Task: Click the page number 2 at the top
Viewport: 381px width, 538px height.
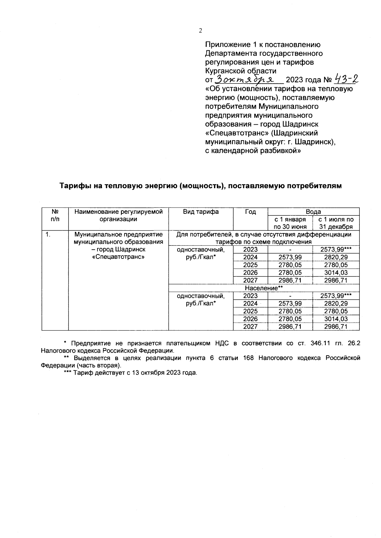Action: (x=200, y=31)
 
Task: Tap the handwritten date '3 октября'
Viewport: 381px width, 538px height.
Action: (x=249, y=79)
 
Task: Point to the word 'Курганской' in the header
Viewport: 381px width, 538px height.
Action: (x=226, y=71)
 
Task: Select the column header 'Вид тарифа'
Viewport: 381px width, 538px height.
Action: (x=201, y=212)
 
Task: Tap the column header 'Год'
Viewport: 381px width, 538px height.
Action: (x=250, y=212)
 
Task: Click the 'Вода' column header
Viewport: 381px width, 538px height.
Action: (x=313, y=212)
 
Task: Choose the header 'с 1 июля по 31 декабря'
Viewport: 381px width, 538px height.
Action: (x=336, y=223)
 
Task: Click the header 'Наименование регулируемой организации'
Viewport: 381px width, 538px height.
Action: (x=118, y=215)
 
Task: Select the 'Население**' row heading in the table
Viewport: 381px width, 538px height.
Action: (x=264, y=288)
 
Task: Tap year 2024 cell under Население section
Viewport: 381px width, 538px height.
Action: (x=250, y=304)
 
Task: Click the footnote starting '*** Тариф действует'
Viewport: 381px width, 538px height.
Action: (x=130, y=373)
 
